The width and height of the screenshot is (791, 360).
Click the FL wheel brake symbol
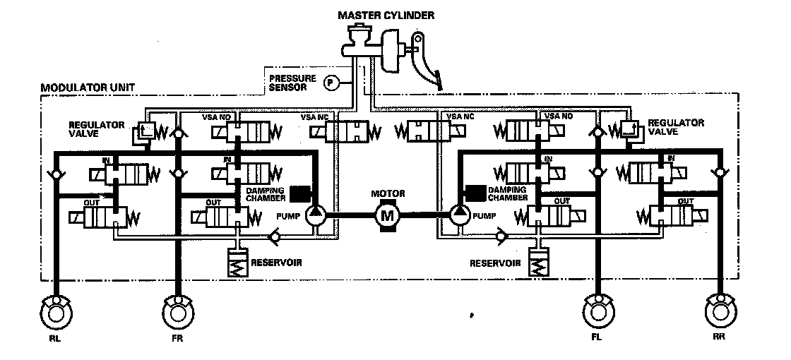(x=597, y=311)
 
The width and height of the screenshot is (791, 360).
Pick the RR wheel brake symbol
(x=719, y=311)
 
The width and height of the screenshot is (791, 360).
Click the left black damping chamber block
(x=301, y=192)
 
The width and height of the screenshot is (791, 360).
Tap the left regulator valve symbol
(x=146, y=131)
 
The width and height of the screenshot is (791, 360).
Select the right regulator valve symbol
(x=629, y=129)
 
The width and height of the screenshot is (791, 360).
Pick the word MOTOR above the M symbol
(x=387, y=193)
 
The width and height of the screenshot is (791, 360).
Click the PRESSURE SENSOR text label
(x=290, y=82)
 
